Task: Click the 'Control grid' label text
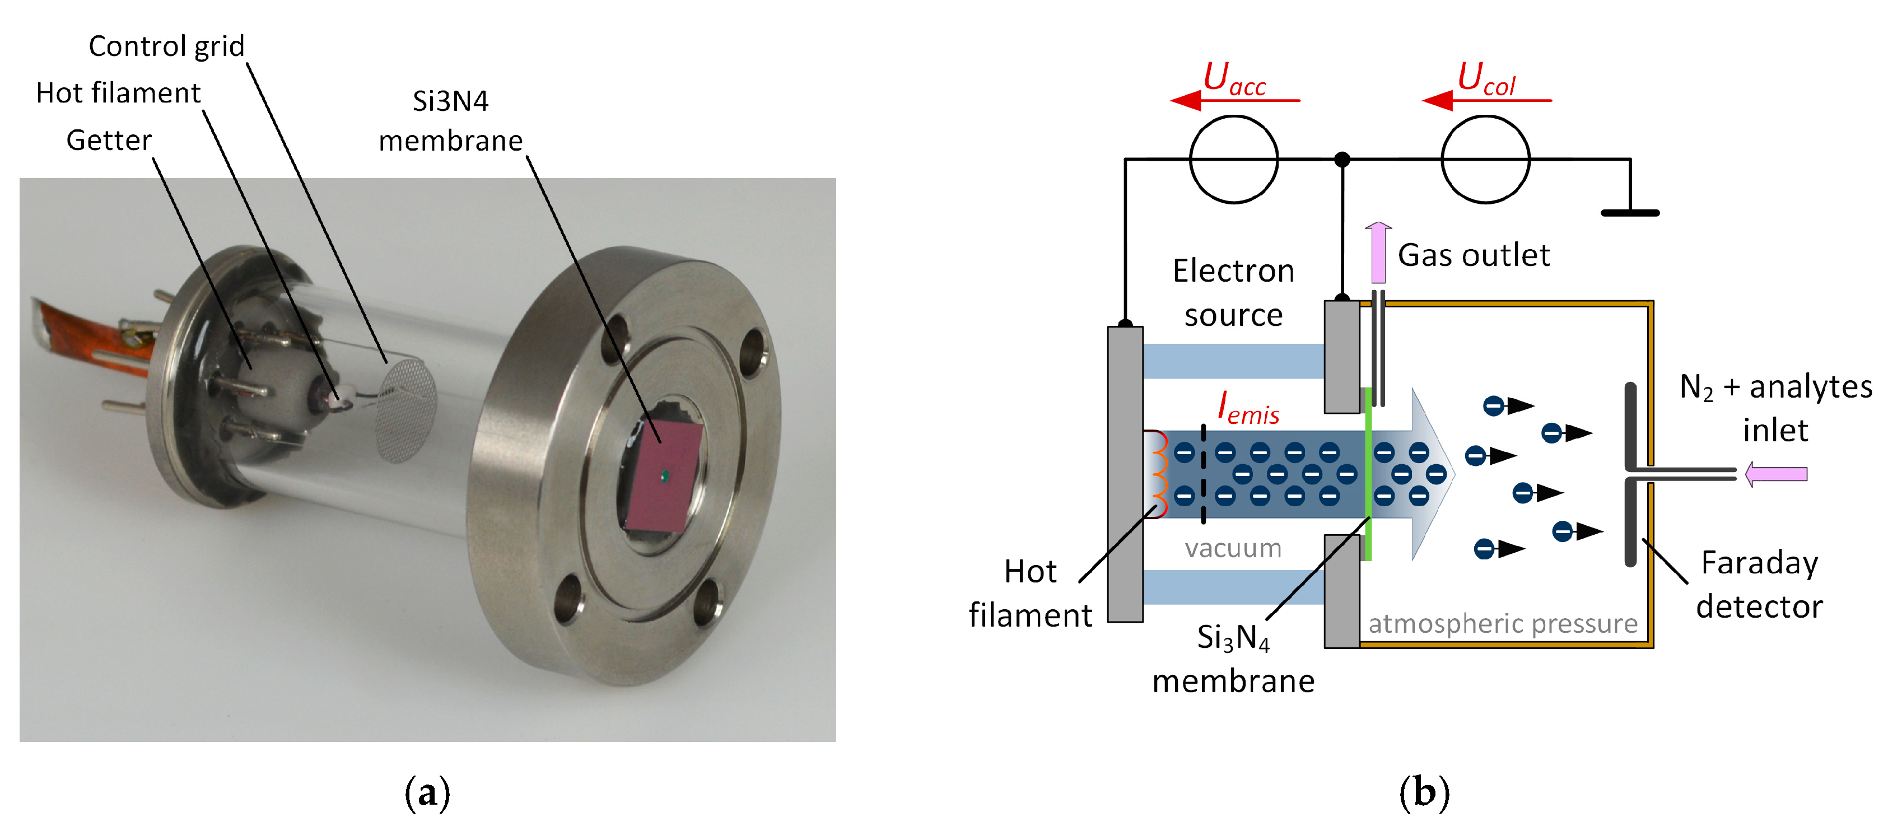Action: pos(166,46)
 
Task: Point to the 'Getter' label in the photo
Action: pos(109,140)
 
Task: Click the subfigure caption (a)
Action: pos(427,793)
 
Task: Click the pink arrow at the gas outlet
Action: pos(1378,252)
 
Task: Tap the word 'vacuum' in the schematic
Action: pos(1233,548)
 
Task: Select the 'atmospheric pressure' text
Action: pos(1503,624)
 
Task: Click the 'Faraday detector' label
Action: pos(1759,585)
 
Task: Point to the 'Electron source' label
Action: pos(1233,292)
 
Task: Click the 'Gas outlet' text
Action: pos(1473,255)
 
